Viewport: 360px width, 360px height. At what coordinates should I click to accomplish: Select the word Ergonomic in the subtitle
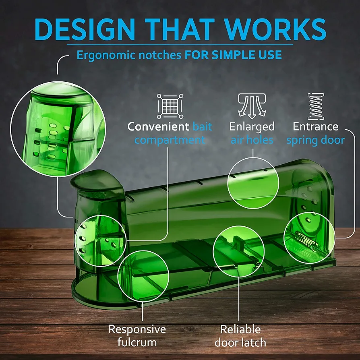(x=106, y=55)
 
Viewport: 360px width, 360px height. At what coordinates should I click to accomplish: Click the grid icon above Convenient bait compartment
(x=170, y=106)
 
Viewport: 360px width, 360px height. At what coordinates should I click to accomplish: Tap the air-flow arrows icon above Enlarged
(x=252, y=106)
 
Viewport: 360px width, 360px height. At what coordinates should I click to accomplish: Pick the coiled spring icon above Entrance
(x=316, y=106)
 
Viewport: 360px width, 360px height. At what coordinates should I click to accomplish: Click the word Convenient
(x=158, y=126)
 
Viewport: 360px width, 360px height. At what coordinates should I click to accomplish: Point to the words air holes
(x=252, y=140)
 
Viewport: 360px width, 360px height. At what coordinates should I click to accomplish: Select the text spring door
(x=316, y=140)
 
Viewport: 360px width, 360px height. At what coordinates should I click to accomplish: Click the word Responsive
(x=137, y=329)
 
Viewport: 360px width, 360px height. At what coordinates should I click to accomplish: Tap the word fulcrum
(x=137, y=342)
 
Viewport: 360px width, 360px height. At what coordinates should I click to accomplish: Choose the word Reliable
(x=240, y=329)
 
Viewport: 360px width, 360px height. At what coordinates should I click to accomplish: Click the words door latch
(x=240, y=343)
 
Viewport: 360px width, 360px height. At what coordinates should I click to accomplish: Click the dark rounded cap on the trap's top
(x=96, y=181)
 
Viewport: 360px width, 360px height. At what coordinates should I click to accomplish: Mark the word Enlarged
(x=252, y=127)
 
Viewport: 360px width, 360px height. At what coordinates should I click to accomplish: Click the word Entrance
(x=316, y=127)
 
